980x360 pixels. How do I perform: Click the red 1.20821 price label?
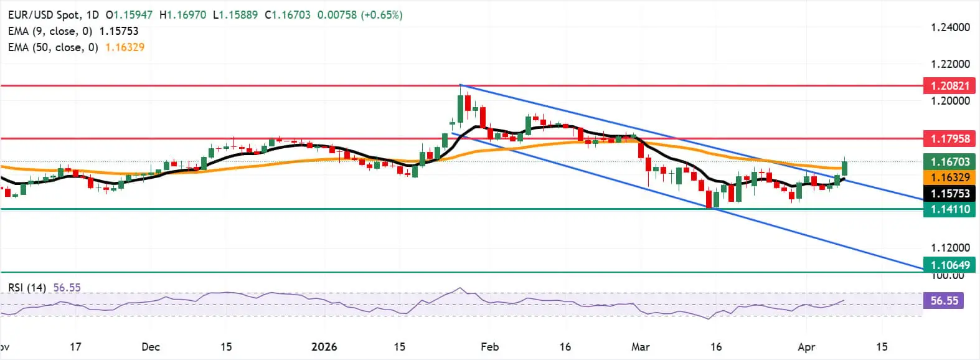tap(950, 86)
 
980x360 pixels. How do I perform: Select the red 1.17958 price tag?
tap(950, 139)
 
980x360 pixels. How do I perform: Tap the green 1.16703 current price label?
tap(950, 162)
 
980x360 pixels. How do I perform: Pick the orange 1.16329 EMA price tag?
tap(950, 178)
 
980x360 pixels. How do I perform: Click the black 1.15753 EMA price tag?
tap(950, 194)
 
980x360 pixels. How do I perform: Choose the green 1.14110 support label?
tap(950, 209)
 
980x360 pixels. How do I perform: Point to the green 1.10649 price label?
tap(950, 265)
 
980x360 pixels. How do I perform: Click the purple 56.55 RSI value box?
tap(944, 301)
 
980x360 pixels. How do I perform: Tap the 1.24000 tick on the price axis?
tap(950, 27)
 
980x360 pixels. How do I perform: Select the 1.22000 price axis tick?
tap(950, 64)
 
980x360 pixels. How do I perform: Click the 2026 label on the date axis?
tap(324, 347)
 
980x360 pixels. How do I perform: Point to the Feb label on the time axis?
tap(490, 347)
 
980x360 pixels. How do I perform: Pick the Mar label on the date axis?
tap(641, 347)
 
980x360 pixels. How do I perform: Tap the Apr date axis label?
tap(806, 347)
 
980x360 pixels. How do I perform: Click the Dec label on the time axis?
tap(151, 347)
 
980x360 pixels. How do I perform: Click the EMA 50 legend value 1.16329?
tap(125, 47)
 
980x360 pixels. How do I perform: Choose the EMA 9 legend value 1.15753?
tap(119, 31)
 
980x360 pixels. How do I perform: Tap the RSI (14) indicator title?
tap(27, 288)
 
